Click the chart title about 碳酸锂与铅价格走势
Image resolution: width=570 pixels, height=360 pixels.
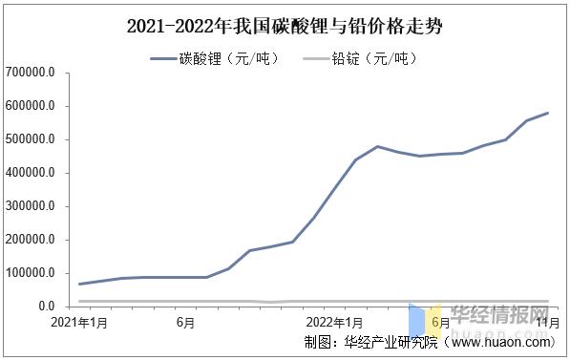(285, 27)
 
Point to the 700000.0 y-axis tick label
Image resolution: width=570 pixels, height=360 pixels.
(30, 73)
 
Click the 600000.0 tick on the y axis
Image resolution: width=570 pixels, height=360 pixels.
(30, 106)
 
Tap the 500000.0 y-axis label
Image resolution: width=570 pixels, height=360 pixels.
(30, 139)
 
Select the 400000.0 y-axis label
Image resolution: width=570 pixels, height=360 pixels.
(30, 173)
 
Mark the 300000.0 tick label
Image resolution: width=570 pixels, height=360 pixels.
(30, 206)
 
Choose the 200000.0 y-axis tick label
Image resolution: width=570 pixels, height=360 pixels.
(30, 240)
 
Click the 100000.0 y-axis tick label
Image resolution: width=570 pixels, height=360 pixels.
(30, 273)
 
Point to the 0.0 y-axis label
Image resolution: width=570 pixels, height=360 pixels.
(47, 307)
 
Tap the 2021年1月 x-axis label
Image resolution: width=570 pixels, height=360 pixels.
(78, 323)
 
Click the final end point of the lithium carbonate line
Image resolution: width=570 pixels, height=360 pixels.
(548, 113)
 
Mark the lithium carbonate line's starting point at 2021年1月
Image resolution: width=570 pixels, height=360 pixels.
(79, 284)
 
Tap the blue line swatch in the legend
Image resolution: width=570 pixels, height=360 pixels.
(163, 59)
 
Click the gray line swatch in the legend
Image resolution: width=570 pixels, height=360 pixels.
(316, 59)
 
